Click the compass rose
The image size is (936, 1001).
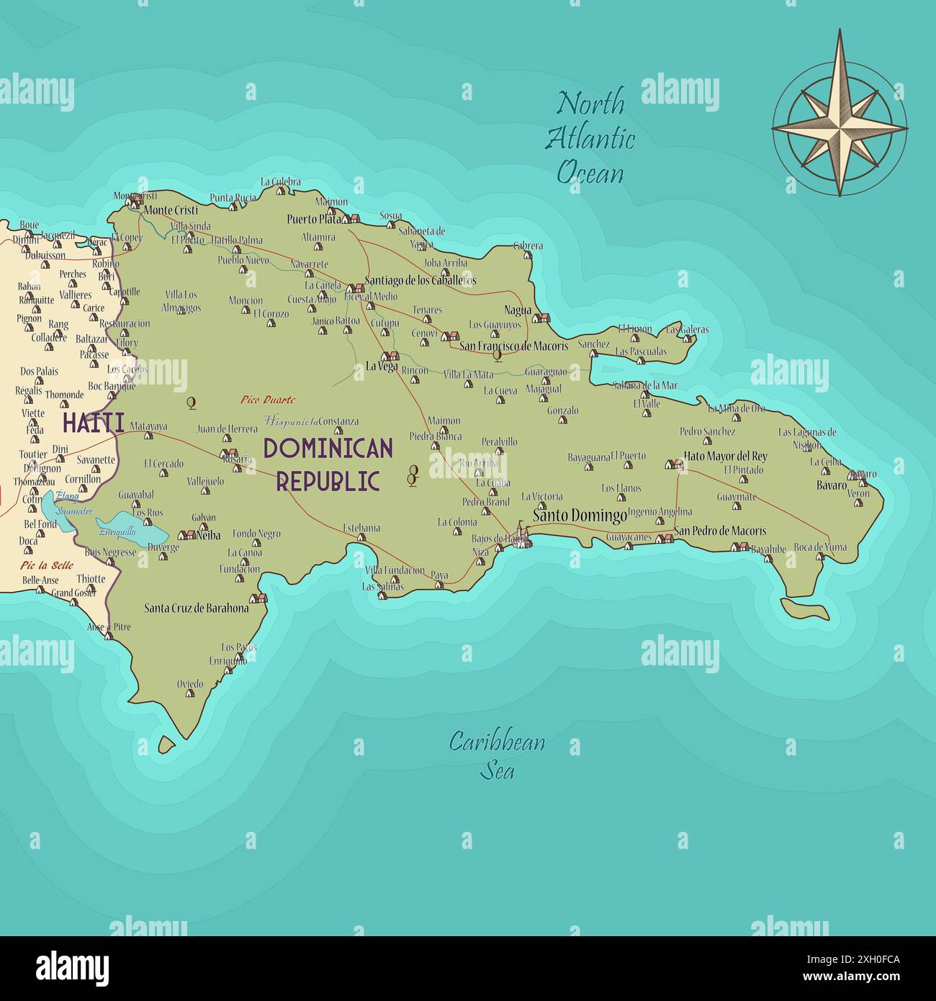tap(840, 113)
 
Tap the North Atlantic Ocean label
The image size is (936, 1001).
tap(590, 138)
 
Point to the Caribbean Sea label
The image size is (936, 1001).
tap(497, 755)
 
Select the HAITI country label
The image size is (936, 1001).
tap(93, 423)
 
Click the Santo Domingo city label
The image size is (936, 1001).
tap(580, 516)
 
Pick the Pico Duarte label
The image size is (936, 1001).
tap(268, 400)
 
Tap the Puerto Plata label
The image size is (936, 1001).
tap(313, 219)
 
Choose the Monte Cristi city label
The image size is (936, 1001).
tap(171, 210)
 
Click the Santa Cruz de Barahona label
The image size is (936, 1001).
tap(197, 608)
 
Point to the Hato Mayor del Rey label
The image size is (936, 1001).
tap(725, 456)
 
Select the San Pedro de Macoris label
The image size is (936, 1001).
tap(720, 531)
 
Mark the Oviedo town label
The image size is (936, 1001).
tap(190, 683)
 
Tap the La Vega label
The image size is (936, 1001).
tap(382, 366)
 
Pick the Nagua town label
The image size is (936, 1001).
tap(518, 310)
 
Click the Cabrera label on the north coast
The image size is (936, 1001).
tap(528, 246)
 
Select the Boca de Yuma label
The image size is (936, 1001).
tap(820, 547)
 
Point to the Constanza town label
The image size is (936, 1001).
tap(338, 421)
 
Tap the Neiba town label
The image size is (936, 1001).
tap(208, 535)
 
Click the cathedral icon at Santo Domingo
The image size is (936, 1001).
tap(520, 536)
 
